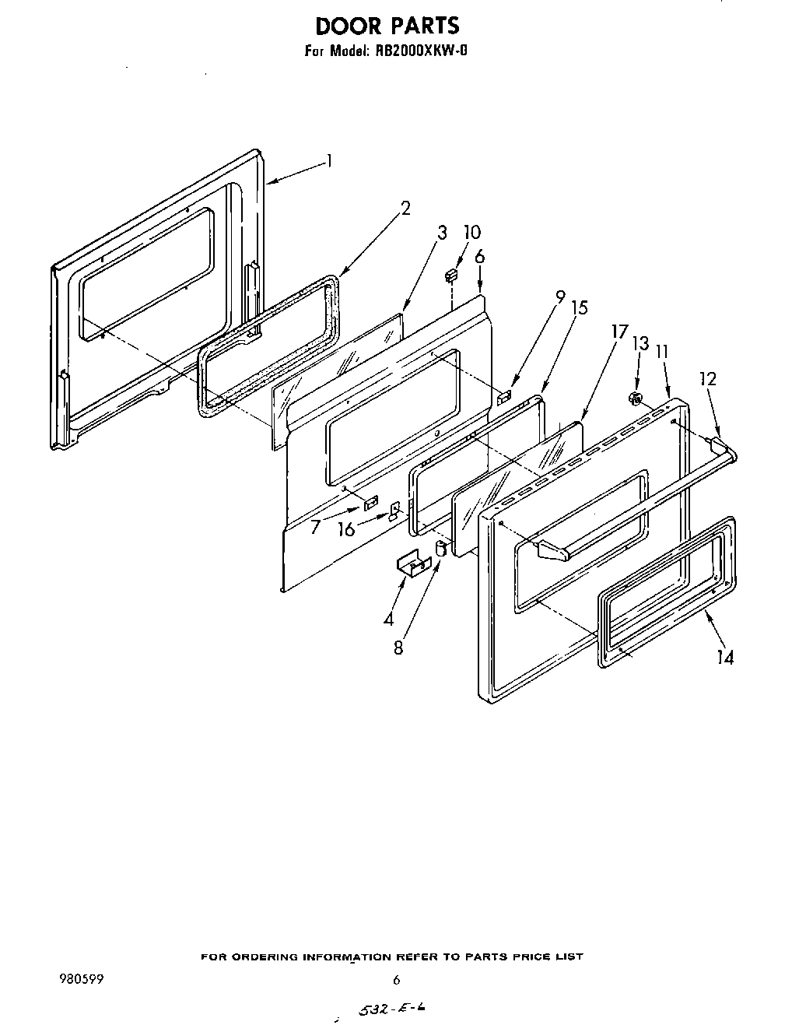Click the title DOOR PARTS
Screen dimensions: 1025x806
(387, 26)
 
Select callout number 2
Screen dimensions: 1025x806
(405, 208)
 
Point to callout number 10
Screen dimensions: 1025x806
(471, 232)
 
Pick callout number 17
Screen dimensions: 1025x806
(619, 332)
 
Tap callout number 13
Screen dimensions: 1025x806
(640, 343)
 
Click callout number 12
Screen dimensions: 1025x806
(707, 379)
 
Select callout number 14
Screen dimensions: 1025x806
(724, 658)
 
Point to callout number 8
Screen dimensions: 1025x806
(398, 647)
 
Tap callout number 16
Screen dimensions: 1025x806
(346, 529)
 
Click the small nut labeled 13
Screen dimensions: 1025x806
(634, 399)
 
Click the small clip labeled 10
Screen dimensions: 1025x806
(450, 276)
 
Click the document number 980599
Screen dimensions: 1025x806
(82, 978)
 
